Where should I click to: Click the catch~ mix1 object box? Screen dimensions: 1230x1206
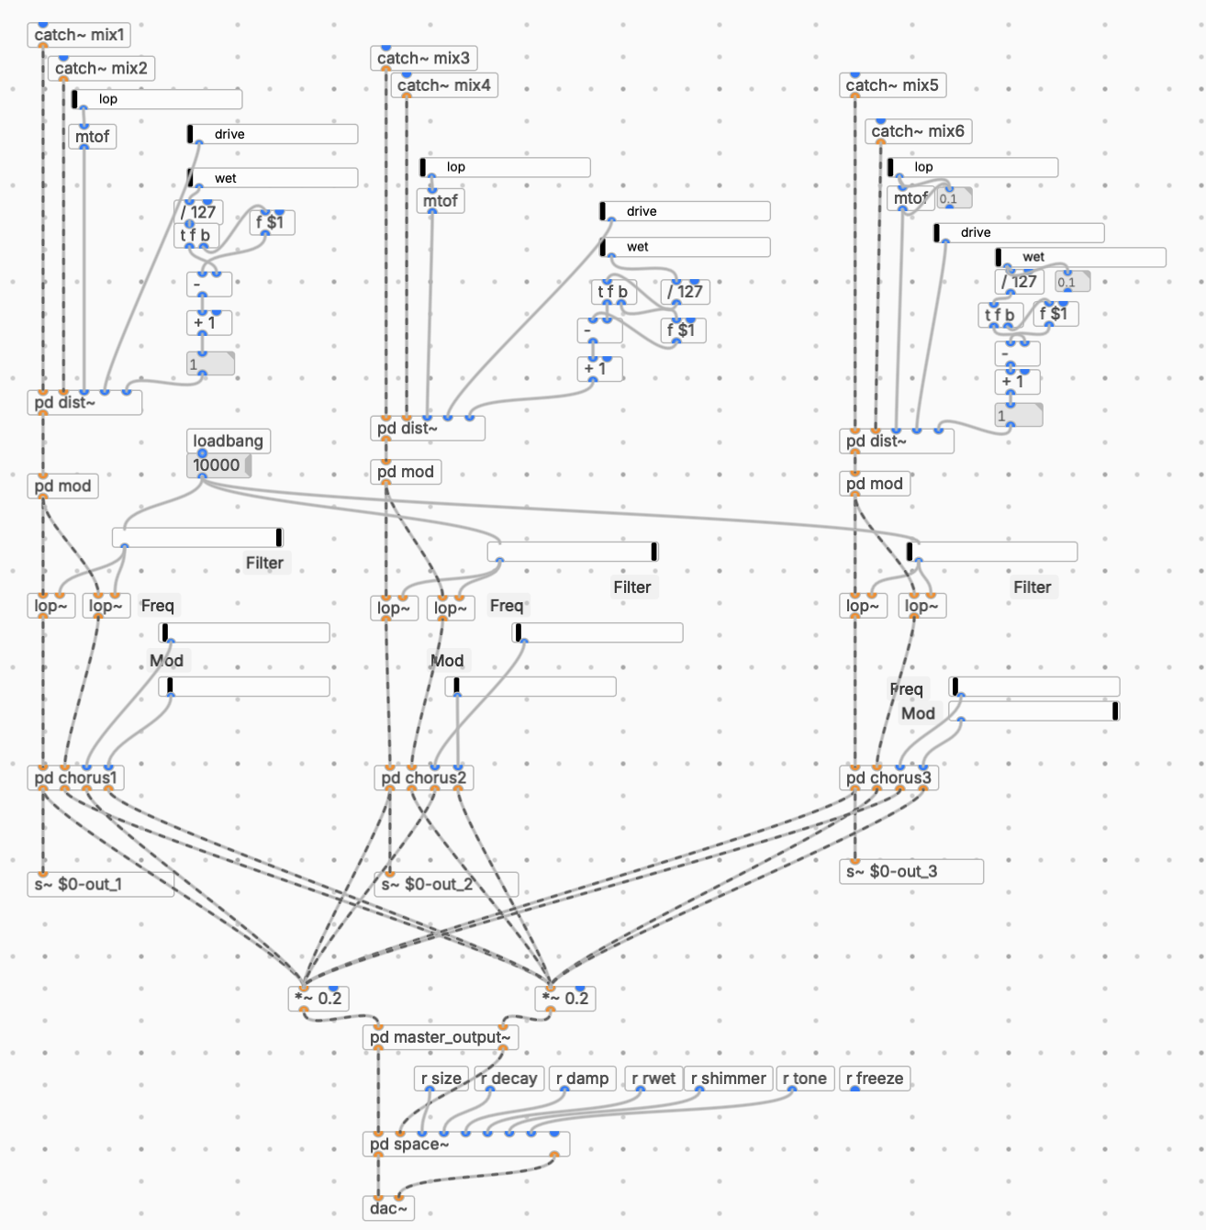pyautogui.click(x=79, y=35)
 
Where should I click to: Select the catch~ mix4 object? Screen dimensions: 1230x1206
pyautogui.click(x=444, y=85)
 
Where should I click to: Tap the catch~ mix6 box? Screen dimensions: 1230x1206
pyautogui.click(x=918, y=131)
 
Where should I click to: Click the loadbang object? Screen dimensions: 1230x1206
pyautogui.click(x=228, y=441)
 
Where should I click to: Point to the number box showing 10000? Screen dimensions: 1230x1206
pyautogui.click(x=218, y=465)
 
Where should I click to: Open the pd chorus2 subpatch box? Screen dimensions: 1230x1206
pyautogui.click(x=423, y=778)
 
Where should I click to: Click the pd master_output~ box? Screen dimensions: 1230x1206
pyautogui.click(x=441, y=1037)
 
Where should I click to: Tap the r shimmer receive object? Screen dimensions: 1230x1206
pyautogui.click(x=729, y=1079)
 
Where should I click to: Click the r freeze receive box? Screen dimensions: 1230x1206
pyautogui.click(x=875, y=1079)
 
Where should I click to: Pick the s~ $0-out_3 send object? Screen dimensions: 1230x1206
pyautogui.click(x=910, y=872)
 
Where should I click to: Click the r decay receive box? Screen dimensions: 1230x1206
pyautogui.click(x=509, y=1079)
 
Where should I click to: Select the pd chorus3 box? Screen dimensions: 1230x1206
pyautogui.click(x=888, y=778)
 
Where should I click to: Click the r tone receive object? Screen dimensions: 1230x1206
pyautogui.click(x=805, y=1079)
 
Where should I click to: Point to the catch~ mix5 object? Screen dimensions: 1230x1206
pyautogui.click(x=892, y=85)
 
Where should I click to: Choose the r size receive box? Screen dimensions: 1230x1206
pyautogui.click(x=441, y=1079)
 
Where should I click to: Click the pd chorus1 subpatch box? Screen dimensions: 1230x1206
pyautogui.click(x=76, y=778)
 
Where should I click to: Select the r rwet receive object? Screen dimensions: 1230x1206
pyautogui.click(x=653, y=1079)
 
